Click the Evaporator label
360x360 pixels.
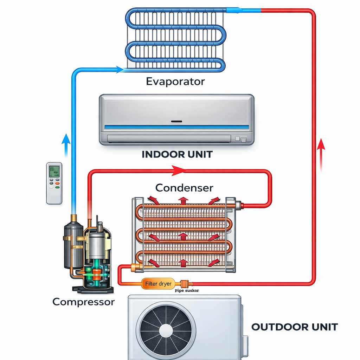point(175,82)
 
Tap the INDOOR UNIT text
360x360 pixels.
point(177,154)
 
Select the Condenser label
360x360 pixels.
point(184,187)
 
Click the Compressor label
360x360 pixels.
point(83,301)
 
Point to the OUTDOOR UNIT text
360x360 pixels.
point(294,327)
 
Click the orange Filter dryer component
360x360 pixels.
point(158,283)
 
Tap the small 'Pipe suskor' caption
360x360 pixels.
point(186,291)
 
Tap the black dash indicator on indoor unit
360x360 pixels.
point(176,121)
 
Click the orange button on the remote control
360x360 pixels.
point(57,184)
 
